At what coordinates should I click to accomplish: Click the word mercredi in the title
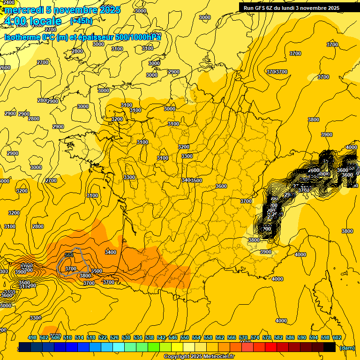click(23, 10)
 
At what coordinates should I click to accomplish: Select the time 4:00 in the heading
click(15, 21)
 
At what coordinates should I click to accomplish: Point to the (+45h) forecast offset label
click(81, 21)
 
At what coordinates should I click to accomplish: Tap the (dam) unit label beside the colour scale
click(347, 347)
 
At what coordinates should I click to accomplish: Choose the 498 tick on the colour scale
click(32, 337)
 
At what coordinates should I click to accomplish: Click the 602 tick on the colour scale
click(337, 337)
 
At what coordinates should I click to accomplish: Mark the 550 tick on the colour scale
click(185, 337)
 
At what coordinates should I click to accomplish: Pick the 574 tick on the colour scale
click(255, 337)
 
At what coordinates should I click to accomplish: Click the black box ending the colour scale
click(330, 347)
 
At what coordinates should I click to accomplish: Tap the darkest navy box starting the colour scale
click(25, 347)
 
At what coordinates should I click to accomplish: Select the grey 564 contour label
click(69, 255)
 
